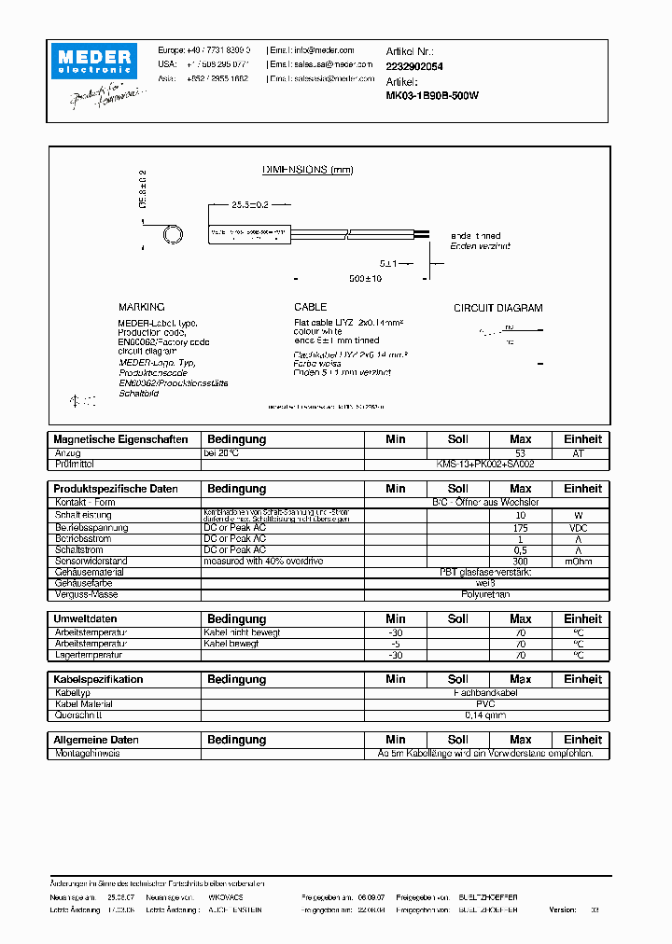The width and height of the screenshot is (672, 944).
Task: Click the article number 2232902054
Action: coord(414,66)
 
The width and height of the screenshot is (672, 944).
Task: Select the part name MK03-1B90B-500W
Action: coord(432,95)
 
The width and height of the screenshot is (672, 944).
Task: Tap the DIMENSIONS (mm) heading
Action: coord(307,170)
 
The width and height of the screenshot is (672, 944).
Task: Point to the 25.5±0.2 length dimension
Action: coord(238,203)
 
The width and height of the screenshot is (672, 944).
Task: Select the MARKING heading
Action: coord(141,307)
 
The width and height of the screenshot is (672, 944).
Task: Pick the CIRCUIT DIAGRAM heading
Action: coord(497,308)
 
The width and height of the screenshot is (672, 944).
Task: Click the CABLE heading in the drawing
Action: coord(310,307)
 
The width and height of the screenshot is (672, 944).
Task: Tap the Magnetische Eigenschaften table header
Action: coord(120,439)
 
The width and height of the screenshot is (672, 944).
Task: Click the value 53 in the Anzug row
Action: coord(520,452)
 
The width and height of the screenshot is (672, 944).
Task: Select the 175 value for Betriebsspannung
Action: coord(520,528)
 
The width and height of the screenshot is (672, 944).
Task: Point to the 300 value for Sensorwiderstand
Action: coord(520,562)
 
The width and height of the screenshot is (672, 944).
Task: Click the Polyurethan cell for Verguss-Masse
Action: coord(485,594)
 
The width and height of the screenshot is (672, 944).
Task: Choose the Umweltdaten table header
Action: coord(85,619)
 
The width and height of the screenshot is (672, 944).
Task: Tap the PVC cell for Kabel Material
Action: coord(485,704)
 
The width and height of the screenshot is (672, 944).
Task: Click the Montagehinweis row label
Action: coord(87,753)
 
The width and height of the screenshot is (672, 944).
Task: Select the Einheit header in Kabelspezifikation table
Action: coord(582,680)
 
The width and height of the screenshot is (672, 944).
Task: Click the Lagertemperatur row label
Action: coord(90,655)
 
